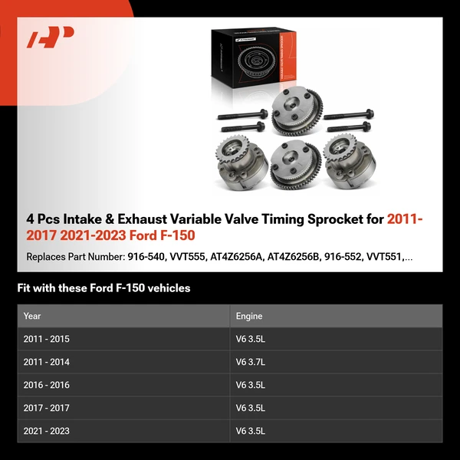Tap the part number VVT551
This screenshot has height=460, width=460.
click(x=385, y=257)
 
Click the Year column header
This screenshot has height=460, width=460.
click(x=32, y=315)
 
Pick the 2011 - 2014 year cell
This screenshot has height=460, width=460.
click(x=46, y=362)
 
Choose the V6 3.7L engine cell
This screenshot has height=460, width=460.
click(x=251, y=362)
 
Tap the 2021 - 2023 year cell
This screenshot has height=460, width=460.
click(x=46, y=431)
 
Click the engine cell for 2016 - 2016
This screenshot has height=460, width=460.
click(x=251, y=385)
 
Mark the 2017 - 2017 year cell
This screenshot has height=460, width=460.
click(x=46, y=408)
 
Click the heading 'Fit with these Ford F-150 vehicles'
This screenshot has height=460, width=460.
click(x=103, y=288)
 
